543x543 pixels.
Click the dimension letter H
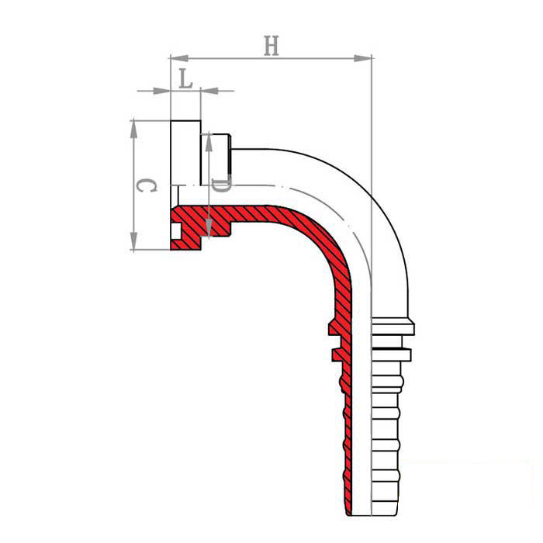(x=271, y=45)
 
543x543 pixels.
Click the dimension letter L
(x=186, y=78)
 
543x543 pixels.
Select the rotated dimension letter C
(x=147, y=185)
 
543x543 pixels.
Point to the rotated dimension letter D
(x=220, y=186)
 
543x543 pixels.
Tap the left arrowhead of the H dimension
(x=179, y=58)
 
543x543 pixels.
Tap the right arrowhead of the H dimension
(x=362, y=58)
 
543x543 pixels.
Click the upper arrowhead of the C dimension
(x=133, y=130)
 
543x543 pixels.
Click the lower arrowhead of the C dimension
(x=133, y=240)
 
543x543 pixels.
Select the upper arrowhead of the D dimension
(x=209, y=143)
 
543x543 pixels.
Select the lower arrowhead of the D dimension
(x=209, y=227)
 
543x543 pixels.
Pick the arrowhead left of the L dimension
(x=161, y=91)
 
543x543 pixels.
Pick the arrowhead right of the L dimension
(x=210, y=91)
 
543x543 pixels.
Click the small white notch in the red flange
(x=176, y=231)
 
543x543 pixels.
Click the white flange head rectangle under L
(x=185, y=153)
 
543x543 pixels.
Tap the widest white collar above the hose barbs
(x=393, y=327)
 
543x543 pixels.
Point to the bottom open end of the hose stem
(x=372, y=515)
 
